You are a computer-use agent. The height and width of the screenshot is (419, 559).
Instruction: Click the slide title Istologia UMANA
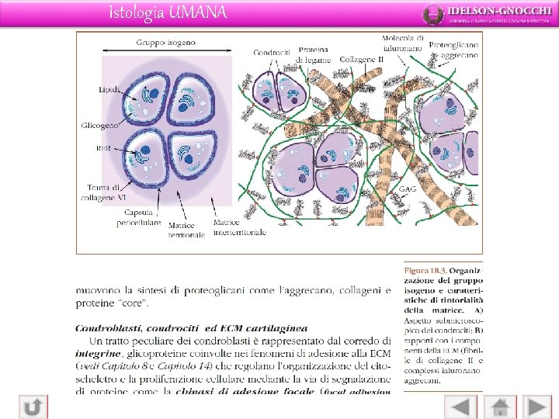point(168,12)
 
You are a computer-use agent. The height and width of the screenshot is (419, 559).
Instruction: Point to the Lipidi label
point(109,90)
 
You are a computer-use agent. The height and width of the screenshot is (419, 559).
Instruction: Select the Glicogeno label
point(100,125)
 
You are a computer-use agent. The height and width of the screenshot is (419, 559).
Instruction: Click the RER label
point(103,147)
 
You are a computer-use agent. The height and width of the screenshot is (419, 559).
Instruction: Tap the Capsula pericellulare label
point(140,217)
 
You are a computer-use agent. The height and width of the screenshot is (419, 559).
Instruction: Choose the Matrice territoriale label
point(187,230)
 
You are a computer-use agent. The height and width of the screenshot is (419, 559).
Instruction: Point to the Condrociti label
point(272,53)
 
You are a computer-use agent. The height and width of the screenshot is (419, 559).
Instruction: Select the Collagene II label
point(362,59)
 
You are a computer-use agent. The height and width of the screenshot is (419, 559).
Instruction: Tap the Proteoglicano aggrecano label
point(453,50)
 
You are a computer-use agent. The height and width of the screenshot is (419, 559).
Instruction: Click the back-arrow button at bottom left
point(33,407)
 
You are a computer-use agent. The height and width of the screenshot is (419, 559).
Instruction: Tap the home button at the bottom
point(499,407)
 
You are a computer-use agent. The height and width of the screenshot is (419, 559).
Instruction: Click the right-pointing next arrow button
point(537,407)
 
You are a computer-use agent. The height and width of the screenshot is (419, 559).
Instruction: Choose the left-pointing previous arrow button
point(461,407)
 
